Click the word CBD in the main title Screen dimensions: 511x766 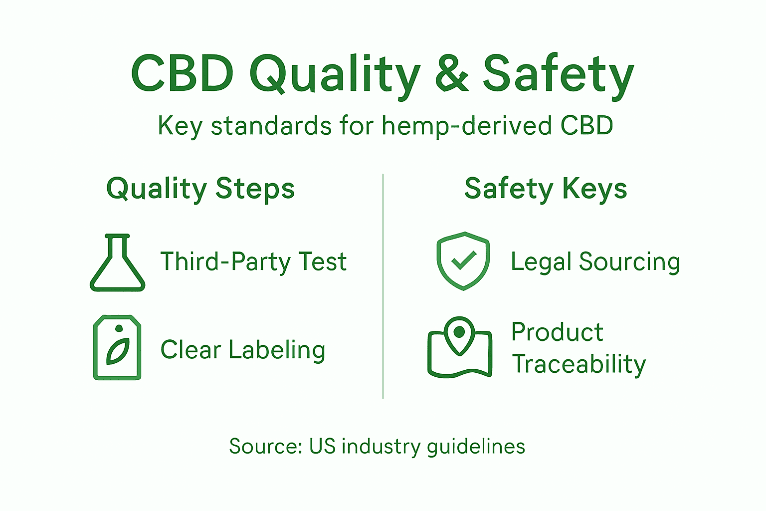(x=183, y=73)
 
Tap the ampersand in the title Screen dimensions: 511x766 (x=452, y=74)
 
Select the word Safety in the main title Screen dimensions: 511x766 (x=558, y=74)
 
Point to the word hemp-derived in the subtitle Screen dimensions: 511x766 (x=467, y=126)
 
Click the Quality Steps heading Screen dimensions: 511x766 (x=200, y=189)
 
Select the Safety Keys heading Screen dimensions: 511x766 (x=546, y=189)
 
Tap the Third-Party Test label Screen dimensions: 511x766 (x=253, y=262)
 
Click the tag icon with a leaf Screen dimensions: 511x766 (x=117, y=347)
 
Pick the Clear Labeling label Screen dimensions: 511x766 (x=243, y=350)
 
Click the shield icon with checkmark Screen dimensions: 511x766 (x=463, y=261)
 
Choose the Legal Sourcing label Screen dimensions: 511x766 (x=595, y=262)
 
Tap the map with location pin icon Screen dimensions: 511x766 (x=459, y=348)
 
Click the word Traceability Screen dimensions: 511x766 (x=579, y=364)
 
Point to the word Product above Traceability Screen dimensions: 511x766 (x=558, y=332)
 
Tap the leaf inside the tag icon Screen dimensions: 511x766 (x=118, y=352)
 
